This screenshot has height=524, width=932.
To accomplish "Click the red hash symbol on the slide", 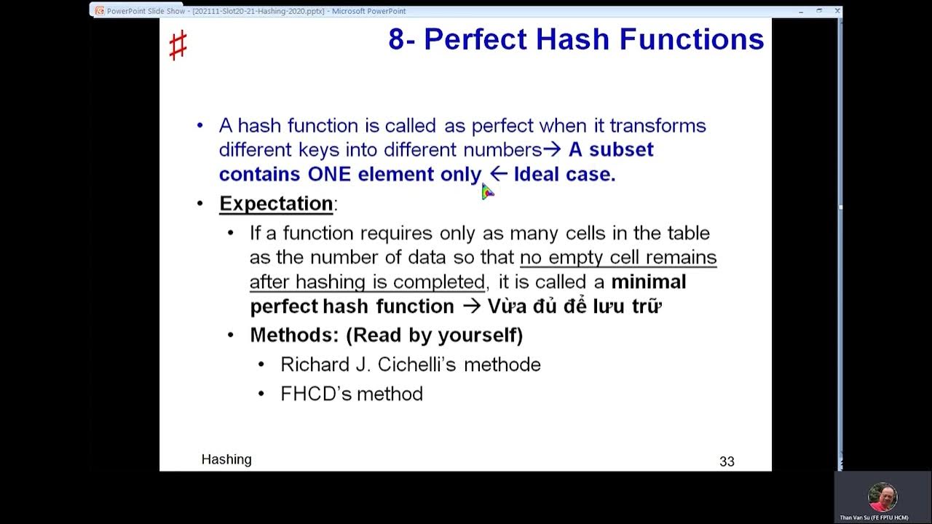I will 178,46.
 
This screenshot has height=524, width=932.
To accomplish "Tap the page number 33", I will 726,461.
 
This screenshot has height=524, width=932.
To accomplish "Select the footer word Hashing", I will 226,459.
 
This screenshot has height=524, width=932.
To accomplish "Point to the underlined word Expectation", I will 276,204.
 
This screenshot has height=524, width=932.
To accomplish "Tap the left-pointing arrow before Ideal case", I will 498,174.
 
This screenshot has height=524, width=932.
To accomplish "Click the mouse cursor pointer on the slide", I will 487,191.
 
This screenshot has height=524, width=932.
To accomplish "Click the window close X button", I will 837,11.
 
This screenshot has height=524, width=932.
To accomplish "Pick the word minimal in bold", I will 649,282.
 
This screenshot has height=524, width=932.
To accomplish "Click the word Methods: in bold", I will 294,336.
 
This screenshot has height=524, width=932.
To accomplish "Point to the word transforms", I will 657,126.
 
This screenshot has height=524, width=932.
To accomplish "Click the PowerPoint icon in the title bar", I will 99,11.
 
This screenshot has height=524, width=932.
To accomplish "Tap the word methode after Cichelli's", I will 502,365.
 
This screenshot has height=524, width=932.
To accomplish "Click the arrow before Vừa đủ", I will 471,306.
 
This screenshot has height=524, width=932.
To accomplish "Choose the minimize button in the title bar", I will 801,11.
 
